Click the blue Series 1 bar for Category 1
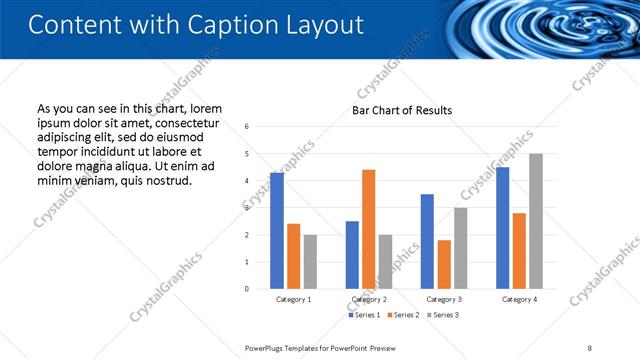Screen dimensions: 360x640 [x=277, y=231]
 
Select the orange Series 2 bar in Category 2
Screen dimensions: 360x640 [x=368, y=229]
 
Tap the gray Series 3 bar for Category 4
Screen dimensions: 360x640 [x=536, y=221]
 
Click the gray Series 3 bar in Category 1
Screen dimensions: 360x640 [x=310, y=262]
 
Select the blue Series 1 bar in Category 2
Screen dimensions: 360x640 [x=352, y=255]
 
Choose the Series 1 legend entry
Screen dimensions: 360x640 [x=364, y=315]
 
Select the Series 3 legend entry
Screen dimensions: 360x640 [x=443, y=315]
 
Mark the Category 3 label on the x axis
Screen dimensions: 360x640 [x=444, y=299]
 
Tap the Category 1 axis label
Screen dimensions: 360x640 [x=293, y=299]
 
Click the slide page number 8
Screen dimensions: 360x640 [x=589, y=347]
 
